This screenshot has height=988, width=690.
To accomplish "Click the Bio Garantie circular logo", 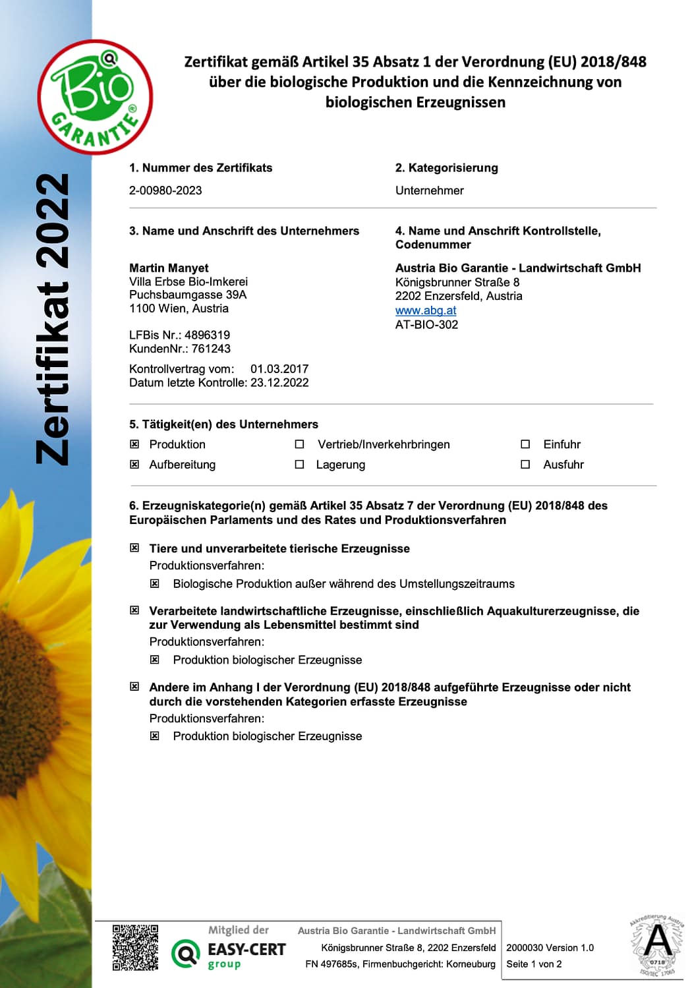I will pyautogui.click(x=96, y=97).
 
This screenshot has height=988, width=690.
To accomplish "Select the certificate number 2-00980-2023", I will pyautogui.click(x=165, y=190).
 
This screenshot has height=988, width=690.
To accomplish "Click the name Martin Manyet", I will pyautogui.click(x=169, y=268).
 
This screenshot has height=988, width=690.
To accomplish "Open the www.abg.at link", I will pyautogui.click(x=426, y=310).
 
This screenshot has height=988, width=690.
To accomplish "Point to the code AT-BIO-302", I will pyautogui.click(x=426, y=324).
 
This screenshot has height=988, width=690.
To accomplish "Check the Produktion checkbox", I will pyautogui.click(x=134, y=444).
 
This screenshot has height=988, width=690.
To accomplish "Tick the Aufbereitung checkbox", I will pyautogui.click(x=134, y=464).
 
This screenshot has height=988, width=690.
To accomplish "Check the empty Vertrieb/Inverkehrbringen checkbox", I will pyautogui.click(x=299, y=444).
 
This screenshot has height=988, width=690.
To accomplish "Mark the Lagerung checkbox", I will pyautogui.click(x=299, y=464).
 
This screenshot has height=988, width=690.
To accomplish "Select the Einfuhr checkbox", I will pyautogui.click(x=525, y=444).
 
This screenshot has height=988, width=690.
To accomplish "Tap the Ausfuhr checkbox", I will pyautogui.click(x=525, y=464).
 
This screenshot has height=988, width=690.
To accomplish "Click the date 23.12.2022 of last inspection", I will pyautogui.click(x=279, y=383).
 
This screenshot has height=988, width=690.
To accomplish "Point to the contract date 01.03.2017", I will pyautogui.click(x=279, y=369).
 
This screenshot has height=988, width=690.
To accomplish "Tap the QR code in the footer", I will pyautogui.click(x=135, y=948).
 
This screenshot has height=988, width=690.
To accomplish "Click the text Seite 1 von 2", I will pyautogui.click(x=534, y=964).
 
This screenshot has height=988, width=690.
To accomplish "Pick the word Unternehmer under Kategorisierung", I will pyautogui.click(x=429, y=190).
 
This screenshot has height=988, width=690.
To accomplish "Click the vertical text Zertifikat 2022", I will pyautogui.click(x=53, y=319).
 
